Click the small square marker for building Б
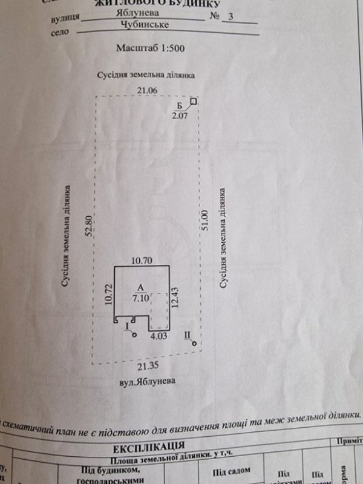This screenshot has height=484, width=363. point(194,102)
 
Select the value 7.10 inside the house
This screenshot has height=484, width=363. point(140,298)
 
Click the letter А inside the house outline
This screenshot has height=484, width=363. point(140,289)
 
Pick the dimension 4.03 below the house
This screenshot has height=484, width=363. point(159,335)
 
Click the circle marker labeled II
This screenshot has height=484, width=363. point(194,344)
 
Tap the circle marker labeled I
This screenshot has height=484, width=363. point(134,334)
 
